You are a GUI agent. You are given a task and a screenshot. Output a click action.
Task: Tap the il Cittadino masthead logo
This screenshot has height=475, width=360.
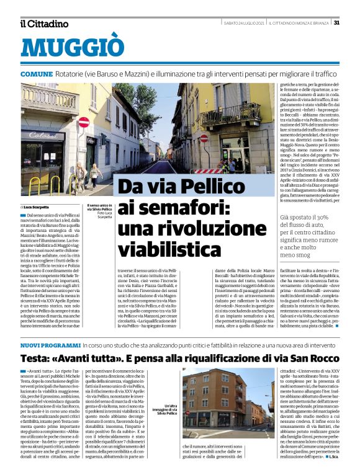coord(44,24)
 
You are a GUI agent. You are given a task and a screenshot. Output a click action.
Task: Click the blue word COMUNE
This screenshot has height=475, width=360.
coord(36,74)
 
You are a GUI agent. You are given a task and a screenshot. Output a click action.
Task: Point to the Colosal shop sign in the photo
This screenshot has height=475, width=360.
coord(43,134)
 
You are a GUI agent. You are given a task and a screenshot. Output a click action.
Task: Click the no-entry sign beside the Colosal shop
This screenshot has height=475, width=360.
coord(83,122)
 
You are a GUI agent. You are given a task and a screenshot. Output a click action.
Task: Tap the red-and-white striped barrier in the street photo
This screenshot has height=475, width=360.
coord(207,171)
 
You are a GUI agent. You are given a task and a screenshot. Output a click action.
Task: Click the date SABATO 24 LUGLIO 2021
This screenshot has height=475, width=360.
coord(244,23)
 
